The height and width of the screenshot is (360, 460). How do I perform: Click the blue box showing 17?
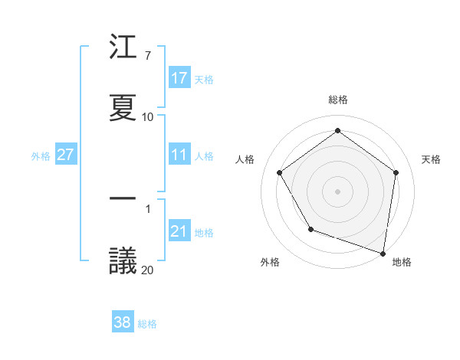click(179, 78)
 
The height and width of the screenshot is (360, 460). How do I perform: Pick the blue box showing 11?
click(179, 155)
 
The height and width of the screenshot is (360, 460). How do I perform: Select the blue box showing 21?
click(179, 231)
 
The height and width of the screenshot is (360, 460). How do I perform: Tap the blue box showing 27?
click(65, 155)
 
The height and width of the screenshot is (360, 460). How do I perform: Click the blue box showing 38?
click(123, 322)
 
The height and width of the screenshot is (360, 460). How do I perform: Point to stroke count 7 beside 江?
click(147, 56)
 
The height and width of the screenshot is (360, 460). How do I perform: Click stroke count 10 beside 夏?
click(148, 117)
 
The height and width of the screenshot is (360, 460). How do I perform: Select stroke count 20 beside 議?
click(148, 270)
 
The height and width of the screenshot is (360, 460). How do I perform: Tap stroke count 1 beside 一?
click(147, 208)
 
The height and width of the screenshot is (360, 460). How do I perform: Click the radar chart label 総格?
click(337, 100)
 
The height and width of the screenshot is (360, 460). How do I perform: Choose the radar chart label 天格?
click(431, 159)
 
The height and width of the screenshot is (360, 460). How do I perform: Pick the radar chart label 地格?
click(402, 262)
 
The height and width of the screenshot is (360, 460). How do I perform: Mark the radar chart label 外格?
click(270, 262)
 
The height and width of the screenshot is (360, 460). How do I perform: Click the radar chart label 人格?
click(245, 159)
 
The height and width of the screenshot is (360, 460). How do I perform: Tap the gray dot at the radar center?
click(337, 191)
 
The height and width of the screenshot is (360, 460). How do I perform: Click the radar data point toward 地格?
click(383, 253)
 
